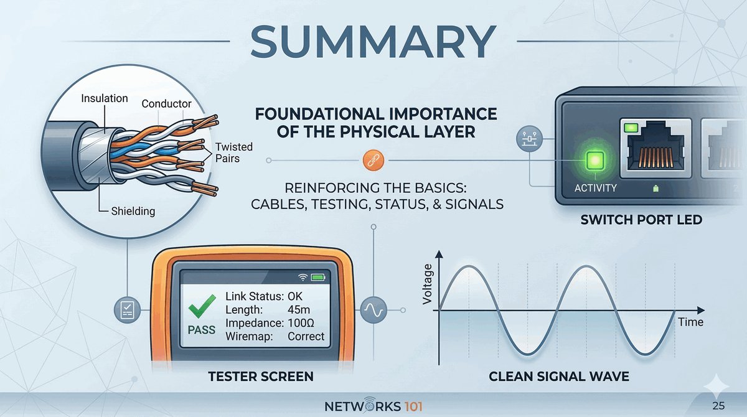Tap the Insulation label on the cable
[x=105, y=98]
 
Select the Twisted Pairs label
[x=233, y=152]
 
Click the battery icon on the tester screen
[x=318, y=276]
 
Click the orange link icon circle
[x=371, y=161]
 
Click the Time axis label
[x=691, y=322]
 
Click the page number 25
[x=718, y=406]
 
